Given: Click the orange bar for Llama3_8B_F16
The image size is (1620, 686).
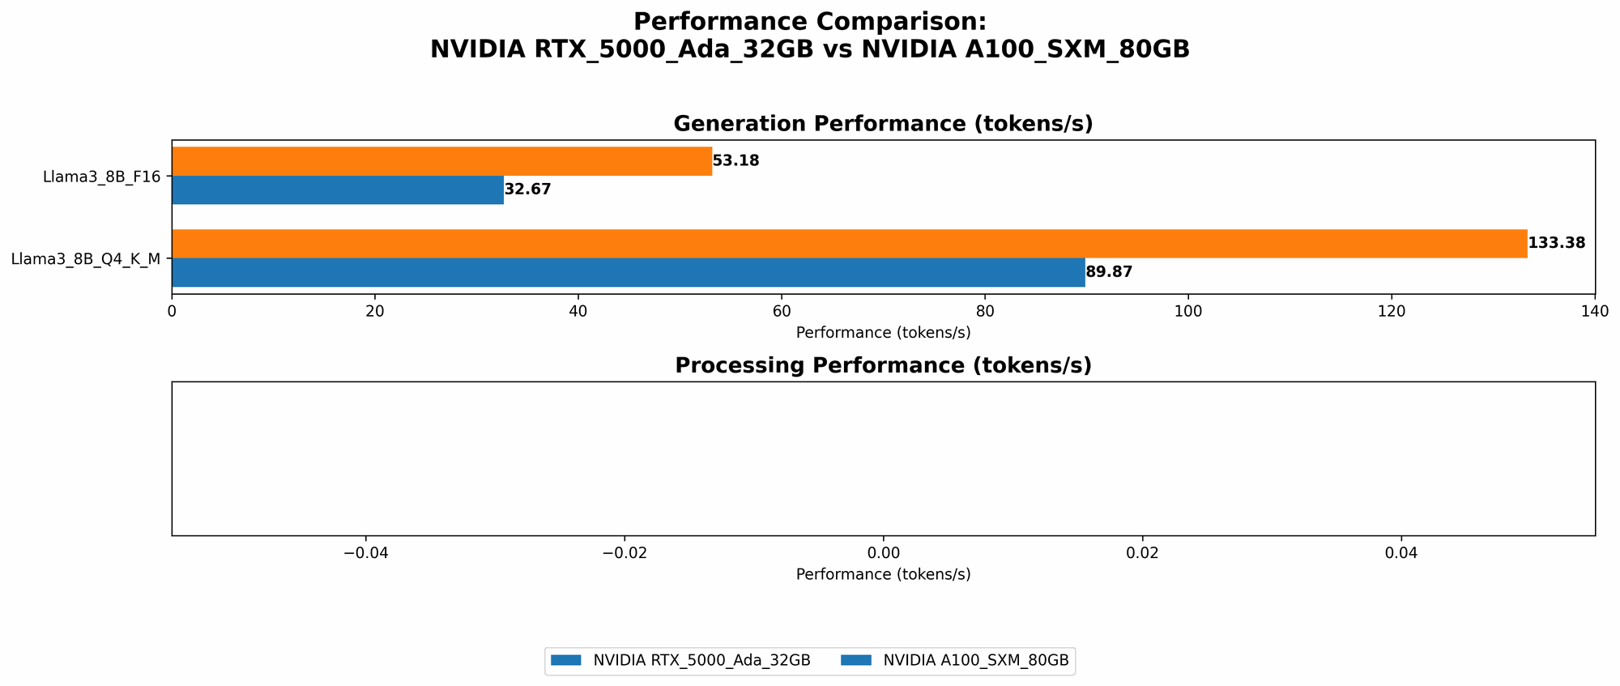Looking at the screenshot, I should [441, 161].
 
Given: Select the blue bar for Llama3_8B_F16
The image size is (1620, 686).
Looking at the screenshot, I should [338, 190].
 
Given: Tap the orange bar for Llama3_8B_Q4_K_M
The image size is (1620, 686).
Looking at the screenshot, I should [849, 244].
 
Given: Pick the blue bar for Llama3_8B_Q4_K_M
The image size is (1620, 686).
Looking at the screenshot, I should [628, 273].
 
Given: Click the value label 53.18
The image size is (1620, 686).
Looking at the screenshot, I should [735, 161].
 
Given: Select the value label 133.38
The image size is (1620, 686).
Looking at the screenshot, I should [1556, 243].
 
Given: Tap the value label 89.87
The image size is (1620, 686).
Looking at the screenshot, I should [1109, 273].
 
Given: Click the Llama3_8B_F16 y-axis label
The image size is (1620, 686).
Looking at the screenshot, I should [101, 177].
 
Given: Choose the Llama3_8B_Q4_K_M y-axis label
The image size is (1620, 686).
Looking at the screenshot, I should [85, 259].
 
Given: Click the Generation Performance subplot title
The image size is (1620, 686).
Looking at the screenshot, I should [883, 124].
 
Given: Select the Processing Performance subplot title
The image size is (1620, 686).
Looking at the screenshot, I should [883, 366].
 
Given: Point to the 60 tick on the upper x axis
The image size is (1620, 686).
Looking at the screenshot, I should [782, 311].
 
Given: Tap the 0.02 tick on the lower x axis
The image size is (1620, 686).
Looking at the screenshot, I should [1142, 553].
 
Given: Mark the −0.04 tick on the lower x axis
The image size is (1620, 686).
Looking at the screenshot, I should [366, 553].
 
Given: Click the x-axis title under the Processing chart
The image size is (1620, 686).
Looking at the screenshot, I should [883, 575].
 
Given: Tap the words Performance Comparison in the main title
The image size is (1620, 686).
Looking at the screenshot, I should [810, 22].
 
